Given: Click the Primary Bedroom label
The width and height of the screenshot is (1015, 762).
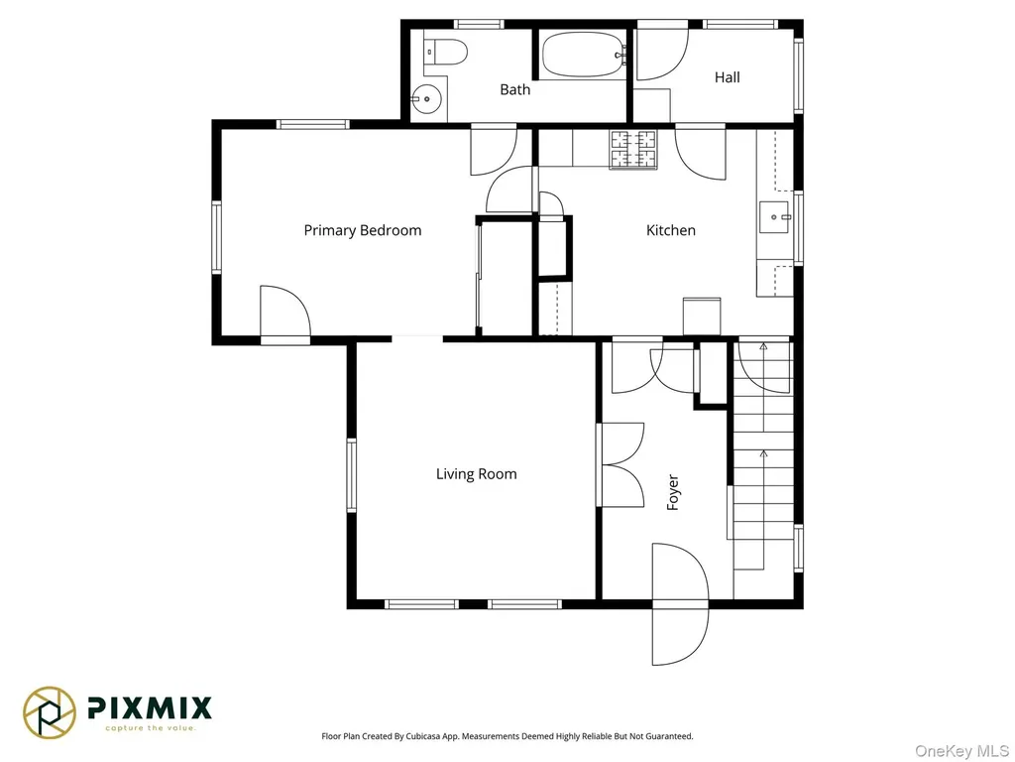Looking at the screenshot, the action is [363, 230].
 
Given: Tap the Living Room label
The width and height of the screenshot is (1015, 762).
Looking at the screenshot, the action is [477, 473].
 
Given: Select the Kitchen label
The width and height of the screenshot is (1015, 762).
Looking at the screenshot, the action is [671, 230].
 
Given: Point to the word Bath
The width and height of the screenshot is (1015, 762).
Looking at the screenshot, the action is [514, 89].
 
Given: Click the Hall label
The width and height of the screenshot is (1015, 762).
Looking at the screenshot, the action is [727, 77].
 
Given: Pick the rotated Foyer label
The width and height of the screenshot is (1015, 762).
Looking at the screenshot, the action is [673, 492].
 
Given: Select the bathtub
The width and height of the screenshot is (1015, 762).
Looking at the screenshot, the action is [584, 56].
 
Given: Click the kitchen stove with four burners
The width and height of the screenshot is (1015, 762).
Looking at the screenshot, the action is [633, 150].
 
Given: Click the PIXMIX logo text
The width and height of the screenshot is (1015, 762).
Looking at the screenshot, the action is [150, 707].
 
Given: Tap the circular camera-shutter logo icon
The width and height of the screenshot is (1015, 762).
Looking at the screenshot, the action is [50, 712].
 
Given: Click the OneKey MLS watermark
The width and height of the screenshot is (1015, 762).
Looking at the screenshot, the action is [961, 751].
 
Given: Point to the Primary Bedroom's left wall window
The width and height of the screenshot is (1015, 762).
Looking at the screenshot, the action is [216, 236].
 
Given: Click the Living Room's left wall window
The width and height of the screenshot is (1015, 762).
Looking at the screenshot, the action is [352, 475].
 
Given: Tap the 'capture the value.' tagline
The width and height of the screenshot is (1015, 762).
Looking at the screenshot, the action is [151, 728].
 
